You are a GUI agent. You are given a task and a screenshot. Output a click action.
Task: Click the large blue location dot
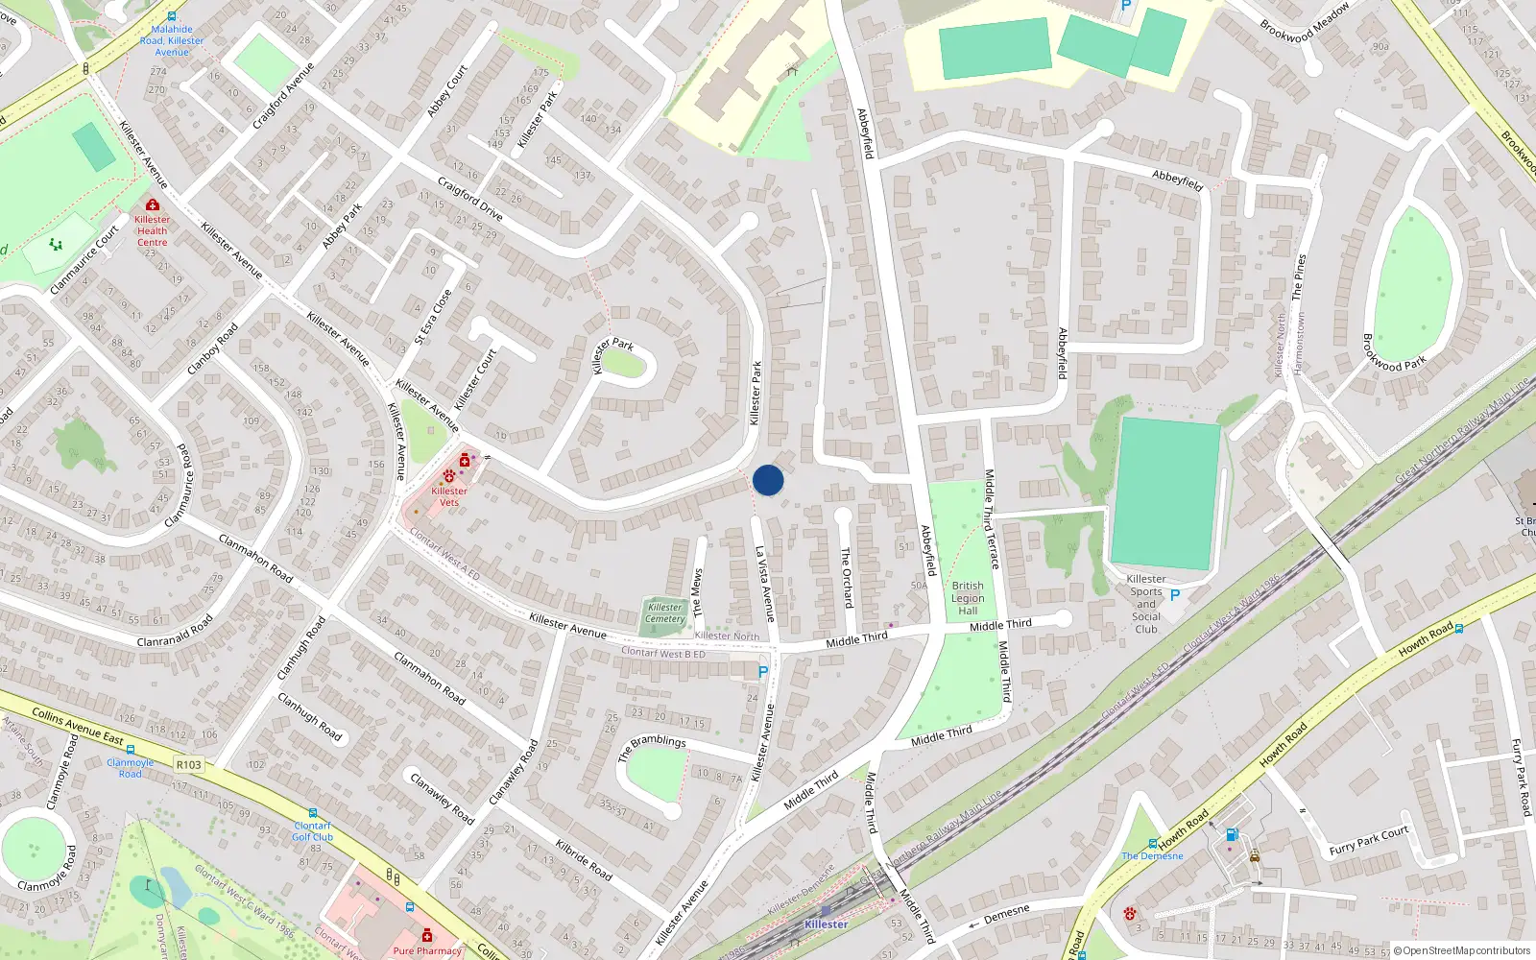point(768,480)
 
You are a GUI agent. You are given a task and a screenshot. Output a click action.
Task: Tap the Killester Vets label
point(449,496)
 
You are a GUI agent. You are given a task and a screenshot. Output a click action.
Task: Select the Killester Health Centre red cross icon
point(152,204)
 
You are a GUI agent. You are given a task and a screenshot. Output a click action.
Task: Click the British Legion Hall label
point(968,598)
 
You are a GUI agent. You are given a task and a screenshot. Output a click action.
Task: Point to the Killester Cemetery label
point(664,612)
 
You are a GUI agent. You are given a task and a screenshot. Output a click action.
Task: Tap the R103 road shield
point(189,765)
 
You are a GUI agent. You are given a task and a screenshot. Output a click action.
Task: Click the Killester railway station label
point(826,924)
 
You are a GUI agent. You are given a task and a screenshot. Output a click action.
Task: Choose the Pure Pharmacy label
point(427,950)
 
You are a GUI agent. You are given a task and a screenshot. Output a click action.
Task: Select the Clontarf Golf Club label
point(313,831)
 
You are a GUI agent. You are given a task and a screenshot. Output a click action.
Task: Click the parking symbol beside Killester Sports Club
point(1174,595)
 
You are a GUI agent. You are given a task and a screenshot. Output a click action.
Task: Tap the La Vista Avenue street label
point(764,584)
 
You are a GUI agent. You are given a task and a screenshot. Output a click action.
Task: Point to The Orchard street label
point(847,577)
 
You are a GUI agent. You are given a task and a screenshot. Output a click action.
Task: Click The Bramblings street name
point(652,747)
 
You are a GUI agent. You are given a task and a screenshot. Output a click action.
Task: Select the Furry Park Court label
point(1368,840)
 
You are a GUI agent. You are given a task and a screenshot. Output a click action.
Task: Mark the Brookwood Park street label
point(1394,352)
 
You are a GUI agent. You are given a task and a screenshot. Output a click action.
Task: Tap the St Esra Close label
point(433,317)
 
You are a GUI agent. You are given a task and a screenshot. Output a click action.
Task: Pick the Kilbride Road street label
point(584,858)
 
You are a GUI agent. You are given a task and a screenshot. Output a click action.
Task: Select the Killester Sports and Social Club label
point(1146,604)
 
